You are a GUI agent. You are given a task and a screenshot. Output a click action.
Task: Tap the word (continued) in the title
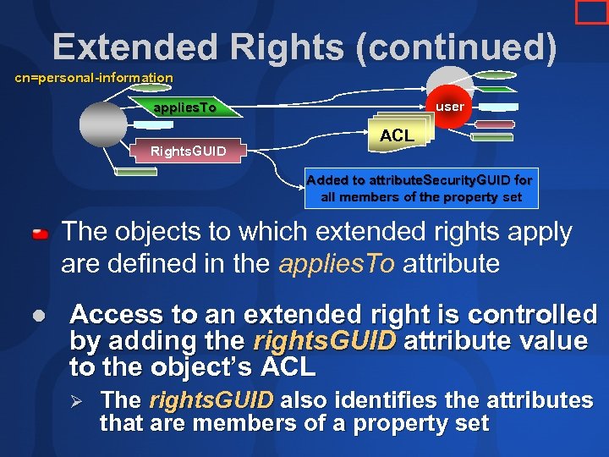point(457,47)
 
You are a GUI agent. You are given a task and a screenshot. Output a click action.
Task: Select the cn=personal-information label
point(94,78)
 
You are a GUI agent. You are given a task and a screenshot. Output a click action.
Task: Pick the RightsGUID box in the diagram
point(188,151)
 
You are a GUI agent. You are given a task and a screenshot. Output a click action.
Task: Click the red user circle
point(449,107)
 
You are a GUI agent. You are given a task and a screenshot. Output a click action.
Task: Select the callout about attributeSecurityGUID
point(420,189)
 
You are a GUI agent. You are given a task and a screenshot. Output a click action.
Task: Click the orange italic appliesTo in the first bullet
point(336,263)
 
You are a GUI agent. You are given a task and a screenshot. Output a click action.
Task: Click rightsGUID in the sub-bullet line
point(211,400)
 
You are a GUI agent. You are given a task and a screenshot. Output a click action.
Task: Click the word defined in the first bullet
point(154,263)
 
